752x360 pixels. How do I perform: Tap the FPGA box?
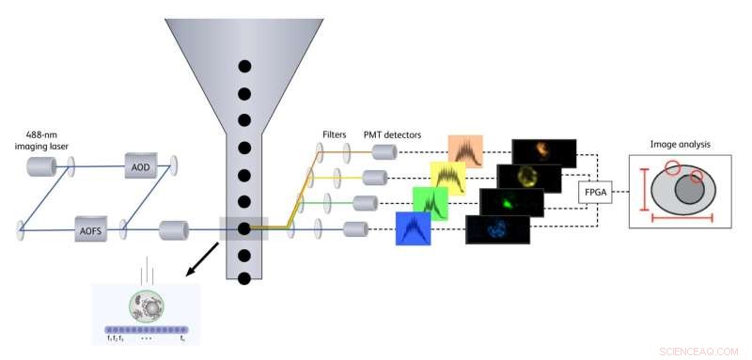pyautogui.click(x=596, y=192)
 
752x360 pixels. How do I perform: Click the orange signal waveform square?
pyautogui.click(x=465, y=151)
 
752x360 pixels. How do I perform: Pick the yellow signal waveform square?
pyautogui.click(x=447, y=178)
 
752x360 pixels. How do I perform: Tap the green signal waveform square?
pyautogui.click(x=430, y=203)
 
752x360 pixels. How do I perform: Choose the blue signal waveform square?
pyautogui.click(x=413, y=228)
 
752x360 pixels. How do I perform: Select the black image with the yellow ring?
pyautogui.click(x=528, y=178)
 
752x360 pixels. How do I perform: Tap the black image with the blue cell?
pyautogui.click(x=496, y=228)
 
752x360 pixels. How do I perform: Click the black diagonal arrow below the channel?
pyautogui.click(x=204, y=258)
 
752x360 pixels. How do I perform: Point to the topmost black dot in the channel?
pyautogui.click(x=244, y=65)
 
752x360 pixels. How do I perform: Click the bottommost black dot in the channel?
pyautogui.click(x=244, y=279)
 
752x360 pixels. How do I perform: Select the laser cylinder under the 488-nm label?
pyautogui.click(x=41, y=166)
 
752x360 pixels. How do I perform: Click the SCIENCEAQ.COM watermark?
pyautogui.click(x=699, y=350)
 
